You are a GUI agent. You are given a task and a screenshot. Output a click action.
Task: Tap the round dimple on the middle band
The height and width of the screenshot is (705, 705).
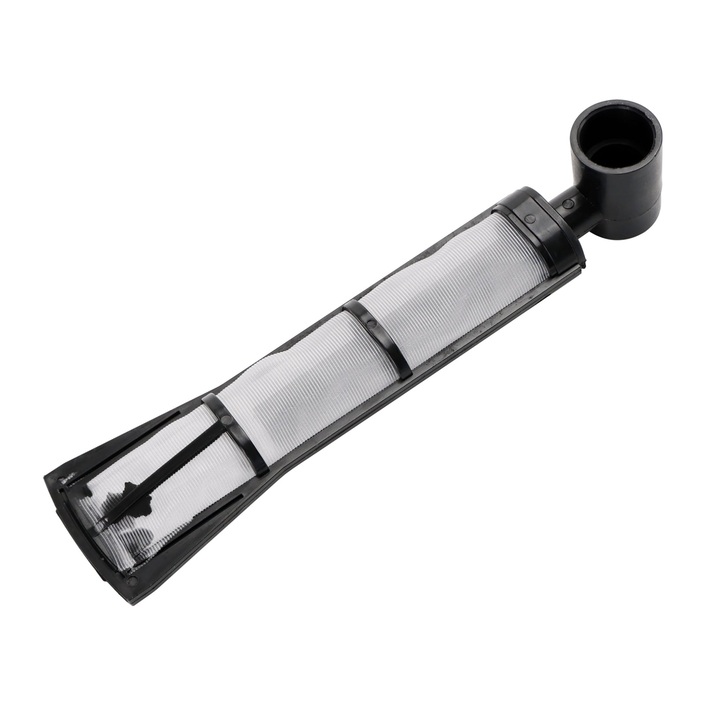[374, 324]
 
